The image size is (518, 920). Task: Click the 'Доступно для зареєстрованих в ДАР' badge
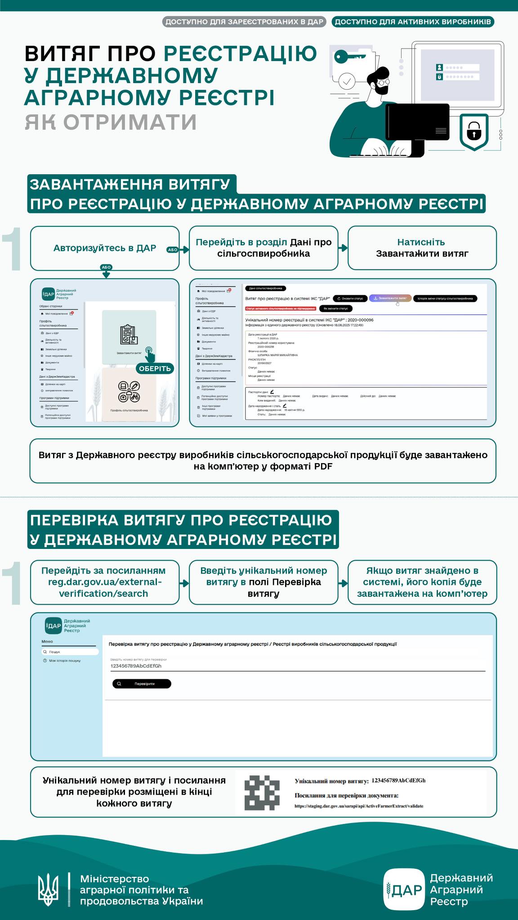coord(244,22)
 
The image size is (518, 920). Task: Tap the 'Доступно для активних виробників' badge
coord(413,22)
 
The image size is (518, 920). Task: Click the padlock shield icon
coord(474,131)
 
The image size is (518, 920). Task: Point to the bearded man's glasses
coord(383,82)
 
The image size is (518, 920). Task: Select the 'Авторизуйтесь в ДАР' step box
coord(105,248)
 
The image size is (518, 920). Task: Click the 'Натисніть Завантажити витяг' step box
coord(422,248)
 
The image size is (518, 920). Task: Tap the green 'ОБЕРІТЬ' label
coord(155,368)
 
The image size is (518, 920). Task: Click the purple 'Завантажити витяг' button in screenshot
coord(390,298)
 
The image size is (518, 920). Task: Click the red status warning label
coord(281,309)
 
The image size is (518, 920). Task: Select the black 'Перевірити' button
coord(142,684)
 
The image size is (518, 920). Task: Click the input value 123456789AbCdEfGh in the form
coord(136,666)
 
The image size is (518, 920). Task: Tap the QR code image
coord(262,792)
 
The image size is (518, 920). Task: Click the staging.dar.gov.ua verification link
coord(359,806)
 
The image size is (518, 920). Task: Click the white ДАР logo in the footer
coord(404,889)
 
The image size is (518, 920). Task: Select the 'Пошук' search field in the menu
coord(70,651)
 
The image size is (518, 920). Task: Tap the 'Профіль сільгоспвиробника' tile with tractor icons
coord(129,394)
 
